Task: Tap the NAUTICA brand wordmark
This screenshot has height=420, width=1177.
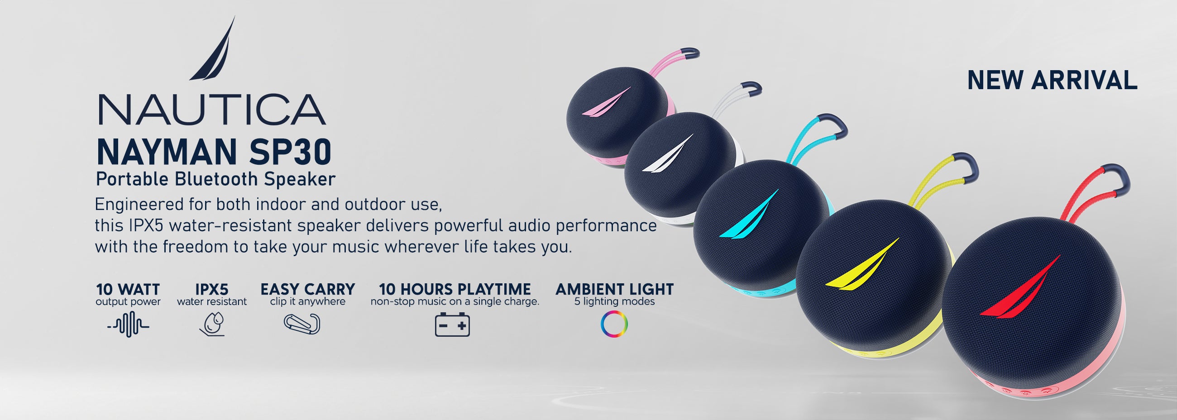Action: [x=212, y=110]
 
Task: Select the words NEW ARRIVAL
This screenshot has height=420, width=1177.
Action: [x=1052, y=81]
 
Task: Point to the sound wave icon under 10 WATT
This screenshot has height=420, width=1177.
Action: [x=129, y=324]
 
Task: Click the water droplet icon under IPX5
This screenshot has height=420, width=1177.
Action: [x=212, y=324]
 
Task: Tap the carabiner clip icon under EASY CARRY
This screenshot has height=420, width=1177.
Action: [x=302, y=324]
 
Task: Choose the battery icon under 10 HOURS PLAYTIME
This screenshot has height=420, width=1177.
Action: [x=452, y=325]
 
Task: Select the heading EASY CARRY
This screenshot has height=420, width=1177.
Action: [x=307, y=289]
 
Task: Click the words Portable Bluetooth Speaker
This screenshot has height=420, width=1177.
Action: [x=215, y=179]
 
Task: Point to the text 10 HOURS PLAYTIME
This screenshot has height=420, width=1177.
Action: [x=455, y=289]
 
